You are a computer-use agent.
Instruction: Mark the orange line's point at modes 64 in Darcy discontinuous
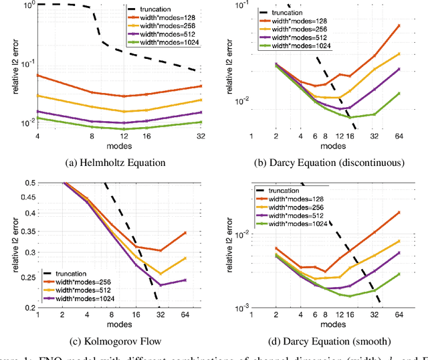pyautogui.click(x=399, y=25)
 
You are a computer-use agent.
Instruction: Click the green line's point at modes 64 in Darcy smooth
pyautogui.click(x=399, y=274)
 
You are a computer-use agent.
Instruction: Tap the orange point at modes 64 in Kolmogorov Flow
pyautogui.click(x=185, y=233)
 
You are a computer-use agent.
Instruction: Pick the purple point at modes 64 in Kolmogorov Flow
pyautogui.click(x=185, y=280)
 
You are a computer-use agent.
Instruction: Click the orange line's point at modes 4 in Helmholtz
pyautogui.click(x=38, y=76)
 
